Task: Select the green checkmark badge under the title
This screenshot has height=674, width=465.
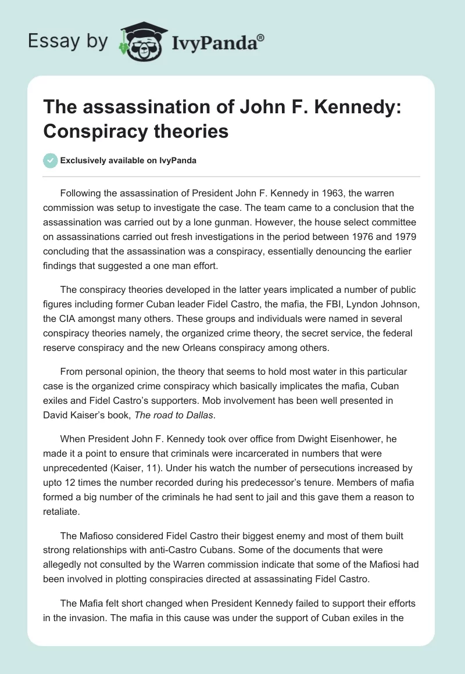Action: click(51, 160)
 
